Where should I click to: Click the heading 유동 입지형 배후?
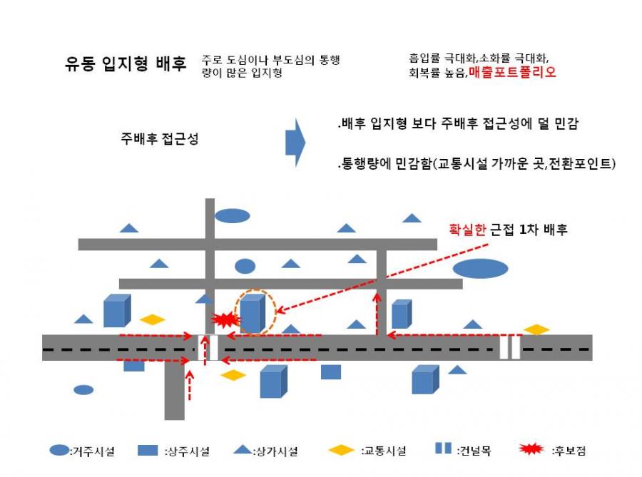[x=126, y=64]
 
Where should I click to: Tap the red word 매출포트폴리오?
[x=512, y=73]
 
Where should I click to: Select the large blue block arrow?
[x=295, y=143]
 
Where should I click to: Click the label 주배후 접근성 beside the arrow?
[x=160, y=139]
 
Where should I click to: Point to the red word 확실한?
[x=467, y=229]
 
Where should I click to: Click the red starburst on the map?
[x=225, y=319]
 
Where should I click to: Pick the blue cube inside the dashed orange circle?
[x=253, y=313]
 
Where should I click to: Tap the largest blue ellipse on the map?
[x=480, y=269]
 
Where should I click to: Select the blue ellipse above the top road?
[x=233, y=215]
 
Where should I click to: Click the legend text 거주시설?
[x=93, y=451]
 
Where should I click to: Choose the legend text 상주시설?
[x=188, y=451]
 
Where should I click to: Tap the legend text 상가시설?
[x=275, y=451]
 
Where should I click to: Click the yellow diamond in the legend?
[x=341, y=451]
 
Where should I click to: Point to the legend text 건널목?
[x=474, y=451]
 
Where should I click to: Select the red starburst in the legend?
[x=531, y=448]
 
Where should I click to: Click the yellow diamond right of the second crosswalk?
[x=536, y=329]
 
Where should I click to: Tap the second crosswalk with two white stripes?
[x=510, y=347]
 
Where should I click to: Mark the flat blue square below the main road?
[x=331, y=372]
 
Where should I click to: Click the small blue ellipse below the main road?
[x=83, y=389]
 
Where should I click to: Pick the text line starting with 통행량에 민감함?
[x=477, y=164]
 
